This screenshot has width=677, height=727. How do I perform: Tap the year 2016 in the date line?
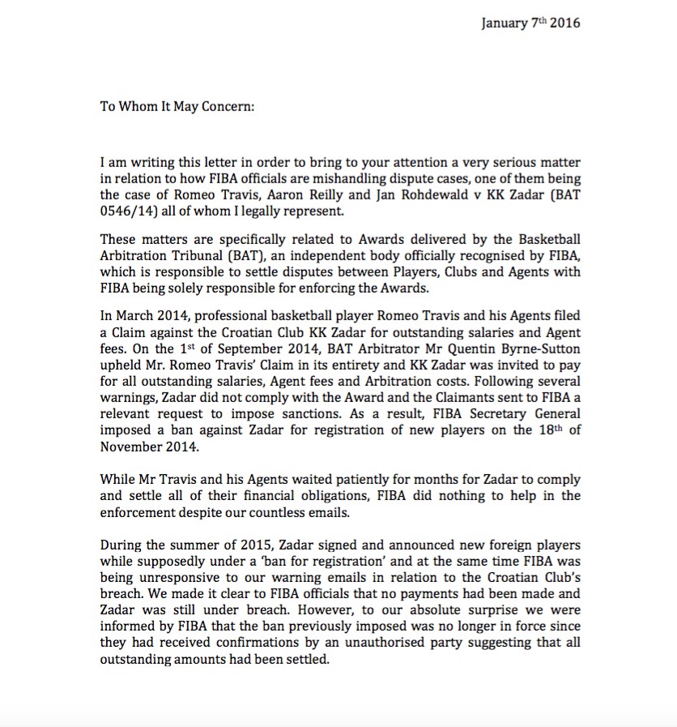point(564,23)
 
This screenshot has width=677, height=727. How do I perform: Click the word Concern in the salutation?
point(224,105)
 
